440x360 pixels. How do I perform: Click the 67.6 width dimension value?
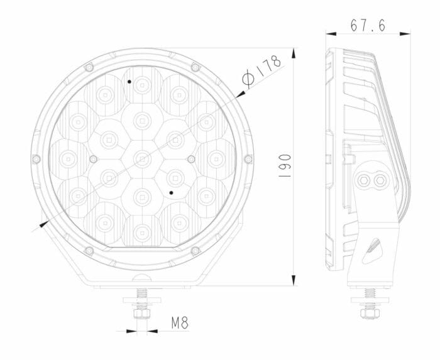point(368,26)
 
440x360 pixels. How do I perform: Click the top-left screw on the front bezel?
point(89,67)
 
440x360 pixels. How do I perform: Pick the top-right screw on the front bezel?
point(195,67)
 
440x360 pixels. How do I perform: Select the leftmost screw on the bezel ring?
point(36,158)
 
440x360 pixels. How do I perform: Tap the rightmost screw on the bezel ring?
point(248,158)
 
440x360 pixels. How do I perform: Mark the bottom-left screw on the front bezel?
point(89,251)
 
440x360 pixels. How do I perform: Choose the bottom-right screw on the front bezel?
point(195,251)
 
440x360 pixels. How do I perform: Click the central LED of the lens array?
point(142,158)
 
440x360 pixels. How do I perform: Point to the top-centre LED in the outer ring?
point(142,84)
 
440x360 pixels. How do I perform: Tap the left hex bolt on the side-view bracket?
point(363,180)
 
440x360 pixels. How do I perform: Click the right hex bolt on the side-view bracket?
point(379,180)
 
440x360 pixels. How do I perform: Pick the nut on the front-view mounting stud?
point(141,312)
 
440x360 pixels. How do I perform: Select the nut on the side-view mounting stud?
point(370,312)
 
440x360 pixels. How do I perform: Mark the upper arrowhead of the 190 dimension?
point(293,51)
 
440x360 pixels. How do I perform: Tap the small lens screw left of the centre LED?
point(93,158)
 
